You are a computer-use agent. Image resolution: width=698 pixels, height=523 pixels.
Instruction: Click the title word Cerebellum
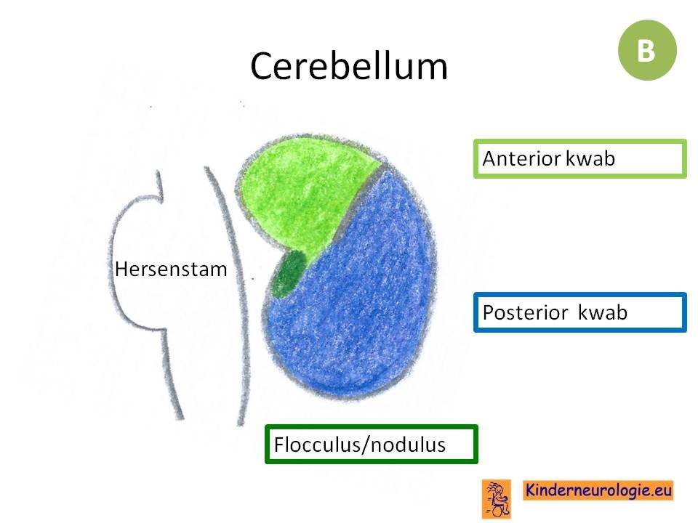pos(349,66)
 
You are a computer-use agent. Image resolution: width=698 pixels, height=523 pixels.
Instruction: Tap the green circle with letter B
pos(647,50)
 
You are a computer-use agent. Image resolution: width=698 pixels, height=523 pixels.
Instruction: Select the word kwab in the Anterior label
pos(590,158)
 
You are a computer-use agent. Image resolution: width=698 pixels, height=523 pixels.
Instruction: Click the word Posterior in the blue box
pos(525,312)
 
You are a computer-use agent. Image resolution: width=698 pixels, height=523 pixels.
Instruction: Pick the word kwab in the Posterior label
pos(603,312)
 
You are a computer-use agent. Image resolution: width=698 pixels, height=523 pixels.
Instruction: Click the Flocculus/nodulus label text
pos(360,445)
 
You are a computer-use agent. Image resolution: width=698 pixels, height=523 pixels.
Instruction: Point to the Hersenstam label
pos(171,269)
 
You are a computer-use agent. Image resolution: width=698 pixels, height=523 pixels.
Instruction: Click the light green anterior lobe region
pos(302,191)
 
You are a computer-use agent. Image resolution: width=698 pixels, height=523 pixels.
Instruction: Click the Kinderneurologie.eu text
pos(598,490)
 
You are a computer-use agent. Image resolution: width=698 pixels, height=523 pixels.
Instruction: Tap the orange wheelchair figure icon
pos(497,499)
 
